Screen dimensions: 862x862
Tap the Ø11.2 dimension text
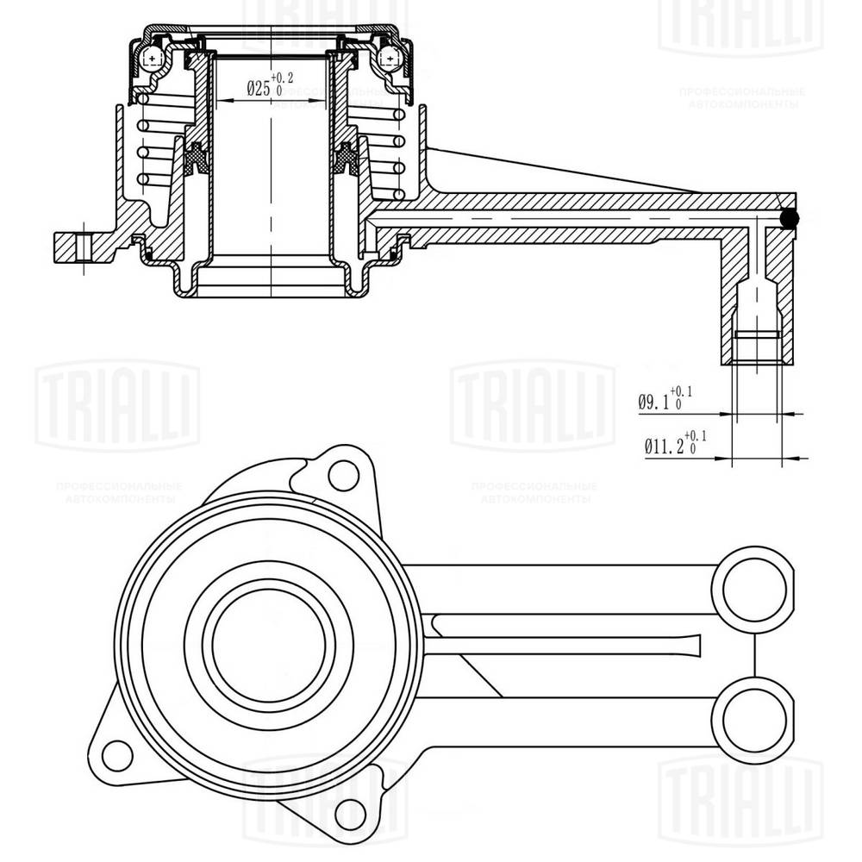tap(662, 446)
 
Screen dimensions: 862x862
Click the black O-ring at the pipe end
tap(788, 221)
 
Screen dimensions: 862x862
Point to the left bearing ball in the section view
tap(153, 58)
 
